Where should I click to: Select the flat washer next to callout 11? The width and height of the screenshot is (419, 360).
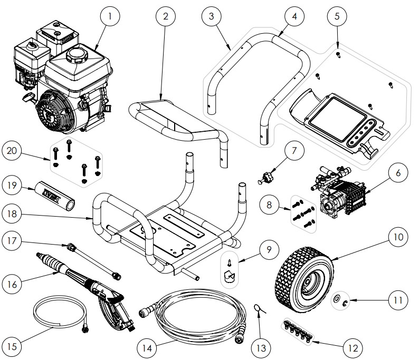(x=336, y=299)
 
